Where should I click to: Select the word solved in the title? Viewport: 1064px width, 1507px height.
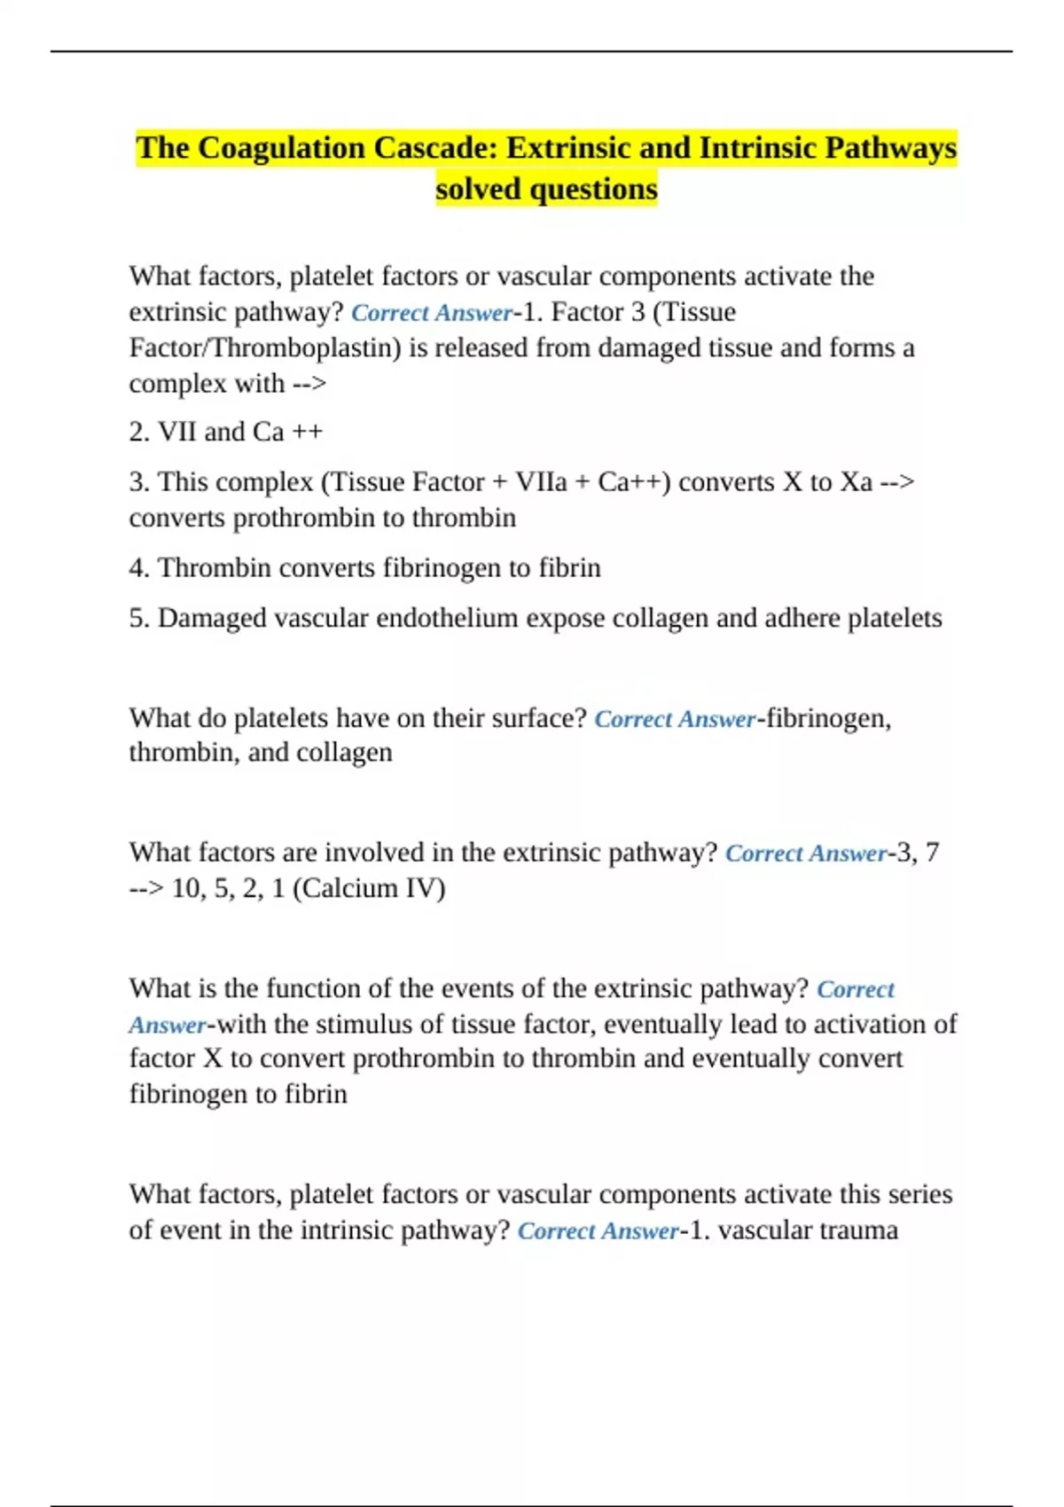(478, 189)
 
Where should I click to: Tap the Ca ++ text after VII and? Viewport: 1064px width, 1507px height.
(288, 432)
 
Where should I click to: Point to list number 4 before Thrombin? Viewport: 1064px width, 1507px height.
(137, 567)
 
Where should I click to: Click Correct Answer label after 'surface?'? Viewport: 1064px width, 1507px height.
(675, 719)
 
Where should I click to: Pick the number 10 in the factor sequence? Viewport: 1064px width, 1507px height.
(187, 887)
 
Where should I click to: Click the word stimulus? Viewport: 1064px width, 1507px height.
(364, 1024)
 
